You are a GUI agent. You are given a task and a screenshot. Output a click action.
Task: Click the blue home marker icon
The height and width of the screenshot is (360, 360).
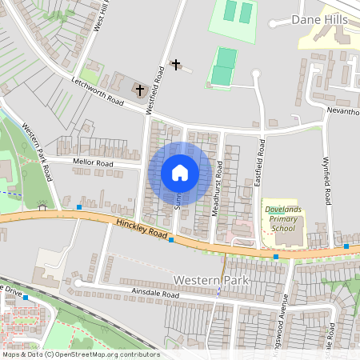(180, 173)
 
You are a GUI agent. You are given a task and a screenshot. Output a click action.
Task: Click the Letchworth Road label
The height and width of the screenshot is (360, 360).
(98, 92)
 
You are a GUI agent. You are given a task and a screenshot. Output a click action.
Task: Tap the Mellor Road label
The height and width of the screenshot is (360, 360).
(94, 162)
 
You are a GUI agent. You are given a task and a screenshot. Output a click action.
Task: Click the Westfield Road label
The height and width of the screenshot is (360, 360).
(159, 89)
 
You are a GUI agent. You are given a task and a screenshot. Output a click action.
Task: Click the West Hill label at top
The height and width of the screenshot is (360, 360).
(102, 16)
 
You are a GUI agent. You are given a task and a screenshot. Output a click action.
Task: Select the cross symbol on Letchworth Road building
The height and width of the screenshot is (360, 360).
(141, 89)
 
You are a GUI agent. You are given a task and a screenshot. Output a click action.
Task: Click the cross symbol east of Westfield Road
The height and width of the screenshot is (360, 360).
(176, 63)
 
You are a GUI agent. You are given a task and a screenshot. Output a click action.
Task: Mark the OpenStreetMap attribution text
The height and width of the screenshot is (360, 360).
(81, 354)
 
